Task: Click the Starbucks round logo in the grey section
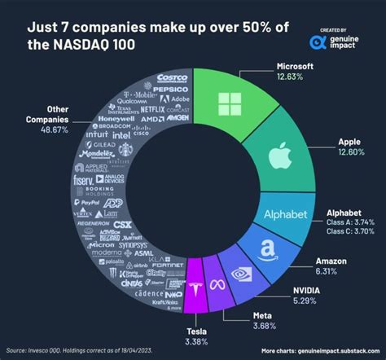125,151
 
